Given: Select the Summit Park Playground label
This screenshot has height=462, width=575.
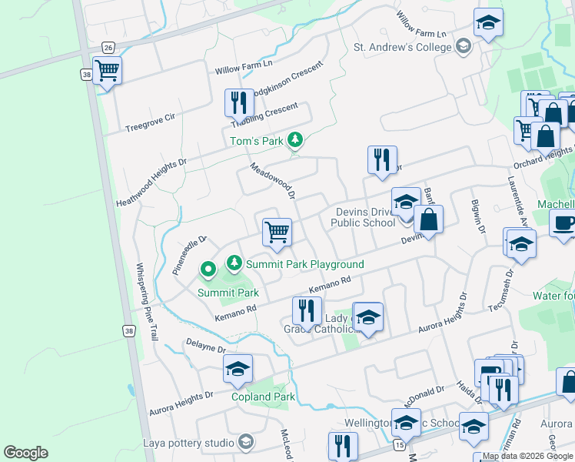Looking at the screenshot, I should tap(304, 264).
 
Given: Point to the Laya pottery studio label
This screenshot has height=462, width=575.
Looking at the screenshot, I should tap(188, 443).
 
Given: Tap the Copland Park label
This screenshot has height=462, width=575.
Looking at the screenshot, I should tap(263, 397).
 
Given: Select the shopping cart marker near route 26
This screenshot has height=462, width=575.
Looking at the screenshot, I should tap(108, 71).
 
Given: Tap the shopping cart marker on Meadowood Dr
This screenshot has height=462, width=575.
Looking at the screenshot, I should tap(277, 231).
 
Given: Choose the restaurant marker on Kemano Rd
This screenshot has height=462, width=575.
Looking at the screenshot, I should tap(307, 311).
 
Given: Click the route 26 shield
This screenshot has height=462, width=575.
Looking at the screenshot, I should tap(108, 48).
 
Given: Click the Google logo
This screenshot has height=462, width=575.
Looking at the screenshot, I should tap(25, 453).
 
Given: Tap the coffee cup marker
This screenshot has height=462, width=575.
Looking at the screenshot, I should tap(564, 224).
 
